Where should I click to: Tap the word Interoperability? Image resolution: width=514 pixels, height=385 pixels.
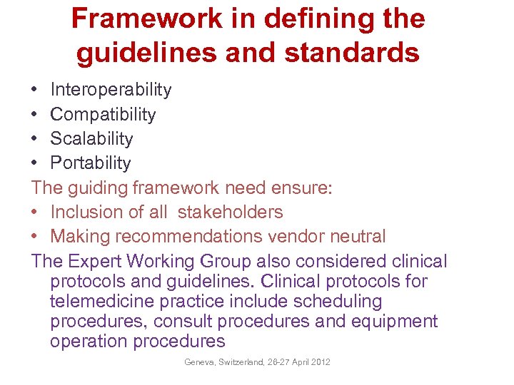click(x=111, y=90)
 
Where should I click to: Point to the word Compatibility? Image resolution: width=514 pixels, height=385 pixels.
click(x=103, y=114)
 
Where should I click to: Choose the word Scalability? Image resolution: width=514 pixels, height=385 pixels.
click(x=91, y=138)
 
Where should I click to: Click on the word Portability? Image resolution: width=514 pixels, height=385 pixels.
click(x=91, y=163)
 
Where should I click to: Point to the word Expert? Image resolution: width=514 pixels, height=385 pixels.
click(x=97, y=261)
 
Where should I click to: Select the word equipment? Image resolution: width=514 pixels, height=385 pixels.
click(x=394, y=321)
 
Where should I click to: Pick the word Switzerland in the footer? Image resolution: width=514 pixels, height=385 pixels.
click(x=241, y=362)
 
